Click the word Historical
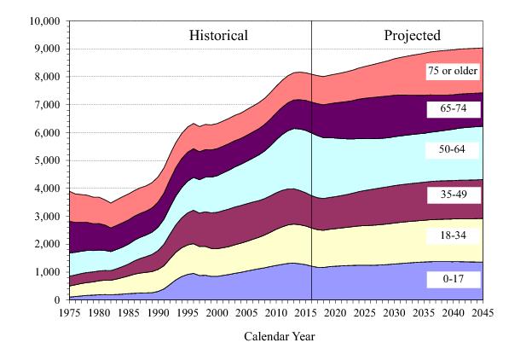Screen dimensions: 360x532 click(218, 36)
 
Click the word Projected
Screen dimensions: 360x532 click(412, 36)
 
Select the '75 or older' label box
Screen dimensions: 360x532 click(453, 71)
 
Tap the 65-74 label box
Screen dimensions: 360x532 click(453, 109)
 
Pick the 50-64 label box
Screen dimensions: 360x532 click(453, 148)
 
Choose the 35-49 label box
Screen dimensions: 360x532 click(453, 195)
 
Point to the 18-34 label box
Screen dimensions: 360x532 click(453, 234)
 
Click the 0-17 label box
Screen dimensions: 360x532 click(453, 279)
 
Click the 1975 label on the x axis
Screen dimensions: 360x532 click(69, 313)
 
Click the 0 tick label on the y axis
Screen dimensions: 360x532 click(57, 300)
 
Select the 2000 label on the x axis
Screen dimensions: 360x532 click(217, 313)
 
